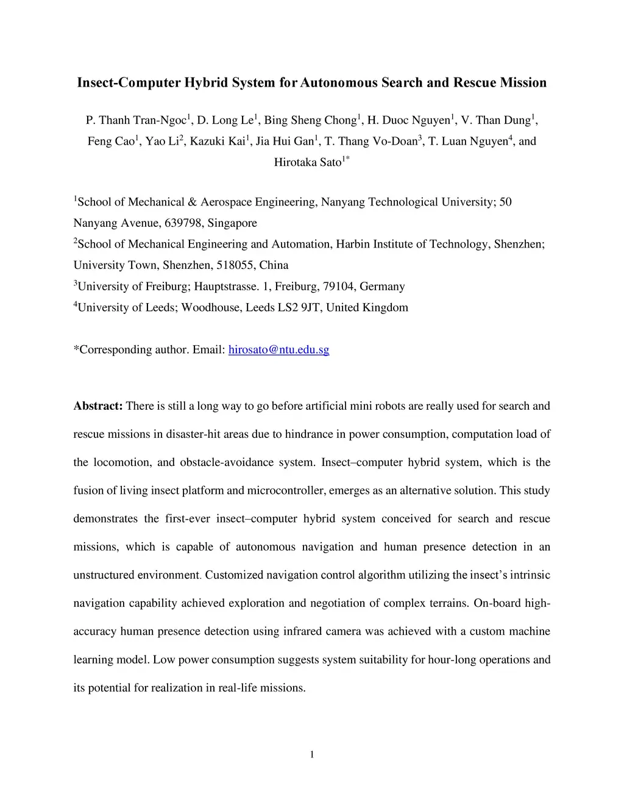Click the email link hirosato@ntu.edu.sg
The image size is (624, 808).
[x=278, y=350]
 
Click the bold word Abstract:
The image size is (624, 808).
[x=98, y=406]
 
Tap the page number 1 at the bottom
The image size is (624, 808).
[x=312, y=756]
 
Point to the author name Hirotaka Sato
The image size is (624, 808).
[x=308, y=163]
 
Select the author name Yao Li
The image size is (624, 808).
[x=161, y=141]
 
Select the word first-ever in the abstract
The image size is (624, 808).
[x=188, y=519]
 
